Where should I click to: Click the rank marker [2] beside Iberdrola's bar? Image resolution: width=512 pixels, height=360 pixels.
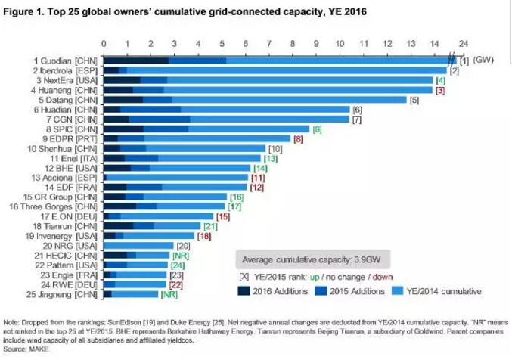tap(454, 70)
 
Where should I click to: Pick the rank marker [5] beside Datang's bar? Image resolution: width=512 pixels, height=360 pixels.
tap(414, 100)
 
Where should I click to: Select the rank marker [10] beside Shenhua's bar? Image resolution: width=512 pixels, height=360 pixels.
tap(275, 149)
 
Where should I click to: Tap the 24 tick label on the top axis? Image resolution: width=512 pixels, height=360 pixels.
tap(463, 44)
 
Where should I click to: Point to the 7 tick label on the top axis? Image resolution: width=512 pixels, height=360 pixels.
tap(269, 44)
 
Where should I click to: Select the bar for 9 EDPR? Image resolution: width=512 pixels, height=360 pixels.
tap(197, 138)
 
